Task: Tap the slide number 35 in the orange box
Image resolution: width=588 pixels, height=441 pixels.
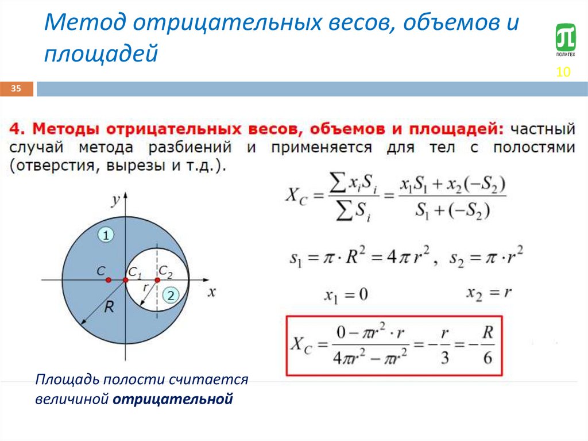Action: click(16, 89)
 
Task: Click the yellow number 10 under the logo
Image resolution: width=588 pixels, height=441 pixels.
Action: click(563, 72)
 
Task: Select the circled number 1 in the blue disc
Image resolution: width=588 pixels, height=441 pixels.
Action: click(106, 235)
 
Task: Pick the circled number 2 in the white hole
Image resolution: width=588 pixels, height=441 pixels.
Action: click(171, 296)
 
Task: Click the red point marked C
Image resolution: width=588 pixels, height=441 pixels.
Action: click(108, 280)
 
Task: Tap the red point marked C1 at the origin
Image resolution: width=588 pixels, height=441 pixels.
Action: click(125, 280)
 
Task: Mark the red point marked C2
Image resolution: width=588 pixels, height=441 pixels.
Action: click(157, 280)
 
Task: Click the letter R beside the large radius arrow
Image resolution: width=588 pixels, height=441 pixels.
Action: click(109, 308)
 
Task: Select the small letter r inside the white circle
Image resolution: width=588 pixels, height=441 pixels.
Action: click(145, 286)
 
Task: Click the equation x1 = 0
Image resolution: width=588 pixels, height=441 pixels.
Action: click(345, 295)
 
